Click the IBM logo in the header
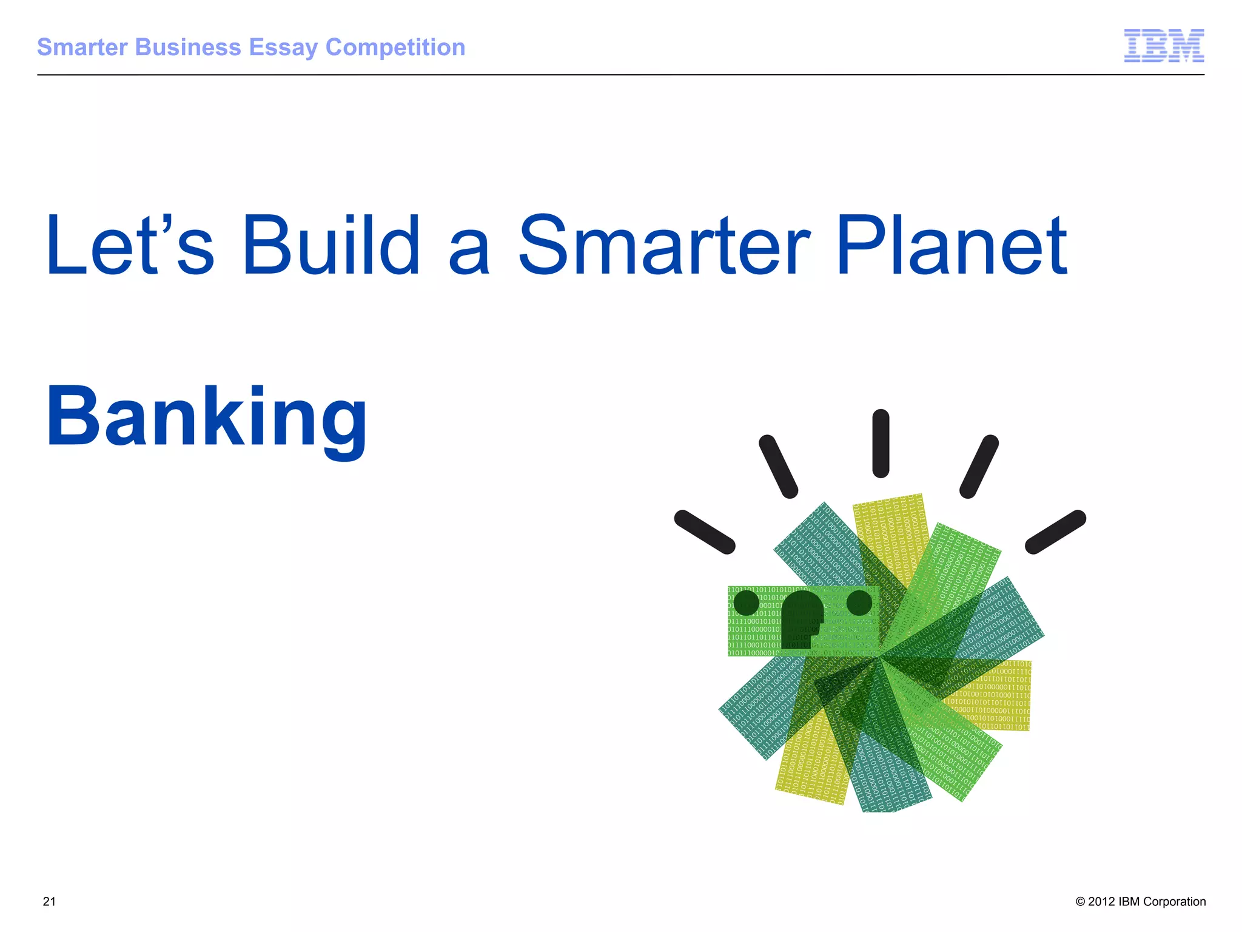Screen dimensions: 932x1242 [1164, 46]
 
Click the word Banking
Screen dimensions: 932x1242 [207, 419]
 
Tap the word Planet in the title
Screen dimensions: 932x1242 [951, 246]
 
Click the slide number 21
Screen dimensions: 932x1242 [49, 902]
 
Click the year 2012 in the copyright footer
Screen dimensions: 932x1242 [1101, 902]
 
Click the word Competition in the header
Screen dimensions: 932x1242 [395, 48]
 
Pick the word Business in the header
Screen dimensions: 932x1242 [189, 47]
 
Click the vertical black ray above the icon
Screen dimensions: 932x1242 [881, 444]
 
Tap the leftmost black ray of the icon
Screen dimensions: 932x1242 [705, 532]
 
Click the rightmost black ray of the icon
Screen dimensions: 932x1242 [1055, 532]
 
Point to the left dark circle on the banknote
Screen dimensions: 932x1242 [746, 603]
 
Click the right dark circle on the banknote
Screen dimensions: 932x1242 [859, 603]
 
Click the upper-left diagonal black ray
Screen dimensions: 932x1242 [778, 467]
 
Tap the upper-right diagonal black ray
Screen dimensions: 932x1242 [979, 467]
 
